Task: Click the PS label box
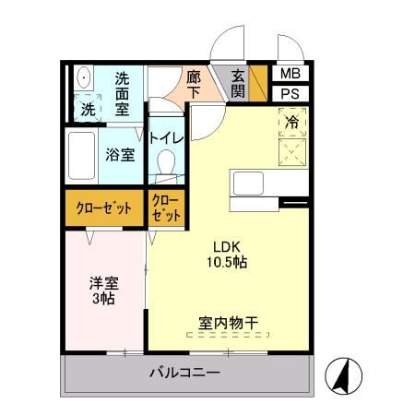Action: (x=289, y=93)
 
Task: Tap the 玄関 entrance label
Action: (x=238, y=83)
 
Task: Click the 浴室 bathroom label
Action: (x=120, y=155)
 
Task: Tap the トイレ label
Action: (x=167, y=137)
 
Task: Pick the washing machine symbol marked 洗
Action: (x=88, y=106)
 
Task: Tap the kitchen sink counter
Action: (x=249, y=182)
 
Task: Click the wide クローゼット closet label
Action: (x=103, y=208)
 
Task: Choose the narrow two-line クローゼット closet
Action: (x=166, y=208)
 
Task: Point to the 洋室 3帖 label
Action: (x=103, y=291)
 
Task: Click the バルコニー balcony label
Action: (x=184, y=374)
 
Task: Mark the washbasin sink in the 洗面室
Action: (x=82, y=77)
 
